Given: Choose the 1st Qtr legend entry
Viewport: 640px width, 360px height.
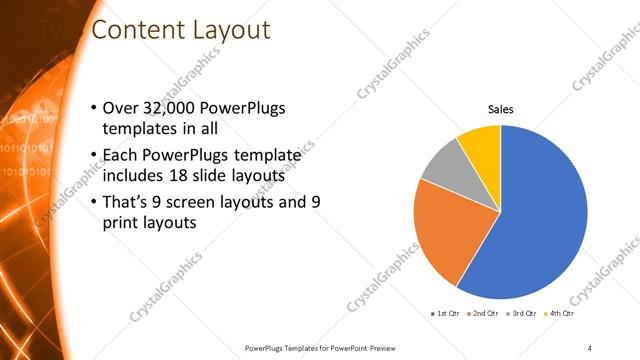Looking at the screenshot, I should click(445, 313).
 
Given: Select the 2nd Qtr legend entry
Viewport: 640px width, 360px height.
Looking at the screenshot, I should click(484, 313).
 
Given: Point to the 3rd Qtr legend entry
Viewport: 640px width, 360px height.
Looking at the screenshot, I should click(523, 313).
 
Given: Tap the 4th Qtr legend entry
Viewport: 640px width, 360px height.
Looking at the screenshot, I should click(561, 313).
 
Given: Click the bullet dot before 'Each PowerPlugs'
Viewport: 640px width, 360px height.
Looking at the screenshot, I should click(94, 155).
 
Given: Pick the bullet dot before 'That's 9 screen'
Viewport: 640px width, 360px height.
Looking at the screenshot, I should click(94, 202).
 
